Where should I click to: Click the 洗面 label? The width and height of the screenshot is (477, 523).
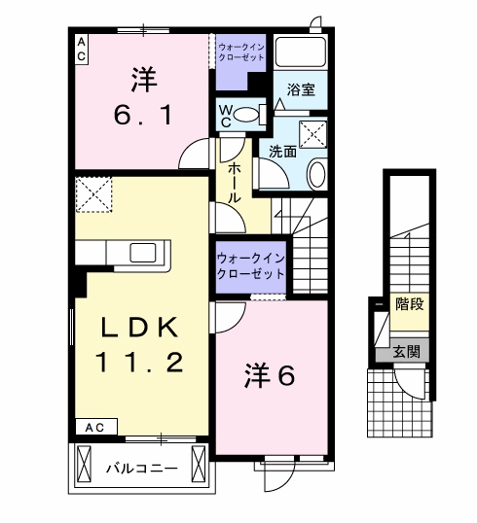(x=282, y=151)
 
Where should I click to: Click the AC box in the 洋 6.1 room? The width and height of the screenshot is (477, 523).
(x=82, y=49)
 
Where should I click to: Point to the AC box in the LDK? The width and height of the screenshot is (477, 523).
(x=94, y=427)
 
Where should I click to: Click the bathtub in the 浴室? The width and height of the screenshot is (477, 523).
(x=300, y=52)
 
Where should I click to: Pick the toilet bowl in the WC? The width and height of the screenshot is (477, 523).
(x=250, y=115)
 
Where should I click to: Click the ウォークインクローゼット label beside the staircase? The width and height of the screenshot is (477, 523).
(x=251, y=265)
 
